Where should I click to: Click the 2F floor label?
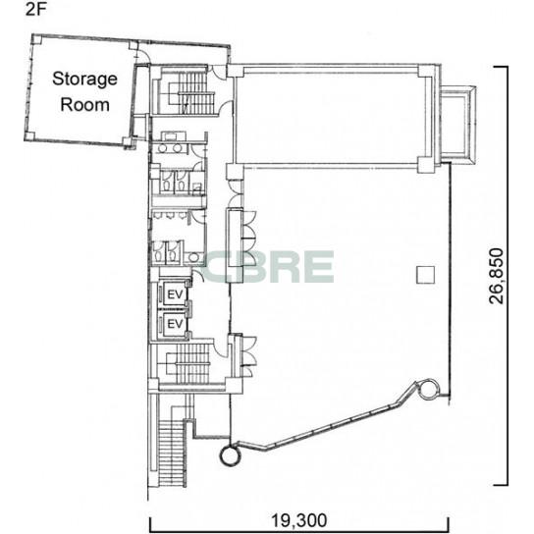pyautogui.click(x=35, y=10)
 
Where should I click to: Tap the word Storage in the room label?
pyautogui.click(x=84, y=80)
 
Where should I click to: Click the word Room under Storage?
pyautogui.click(x=84, y=105)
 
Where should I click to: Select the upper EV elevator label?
pyautogui.click(x=176, y=294)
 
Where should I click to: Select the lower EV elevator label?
pyautogui.click(x=176, y=324)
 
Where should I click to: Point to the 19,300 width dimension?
pyautogui.click(x=298, y=521)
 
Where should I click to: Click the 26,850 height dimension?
pyautogui.click(x=496, y=276)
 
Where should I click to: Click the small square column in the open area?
pyautogui.click(x=426, y=275)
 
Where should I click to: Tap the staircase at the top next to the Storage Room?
pyautogui.click(x=192, y=92)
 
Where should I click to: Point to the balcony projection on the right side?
pyautogui.click(x=457, y=126)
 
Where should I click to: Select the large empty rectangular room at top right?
pyautogui.click(x=327, y=119)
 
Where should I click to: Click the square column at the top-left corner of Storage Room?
pyautogui.click(x=36, y=39)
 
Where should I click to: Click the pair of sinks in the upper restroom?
pyautogui.click(x=170, y=148)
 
